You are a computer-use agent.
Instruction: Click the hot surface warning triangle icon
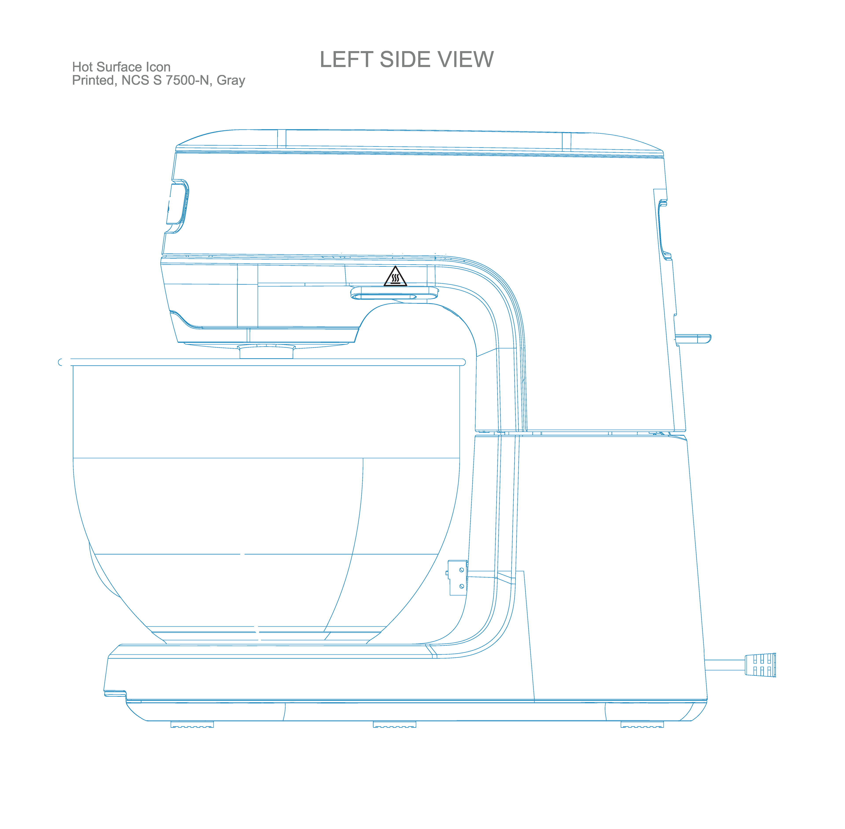pos(395,277)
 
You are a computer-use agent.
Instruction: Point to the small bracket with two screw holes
pos(457,577)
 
